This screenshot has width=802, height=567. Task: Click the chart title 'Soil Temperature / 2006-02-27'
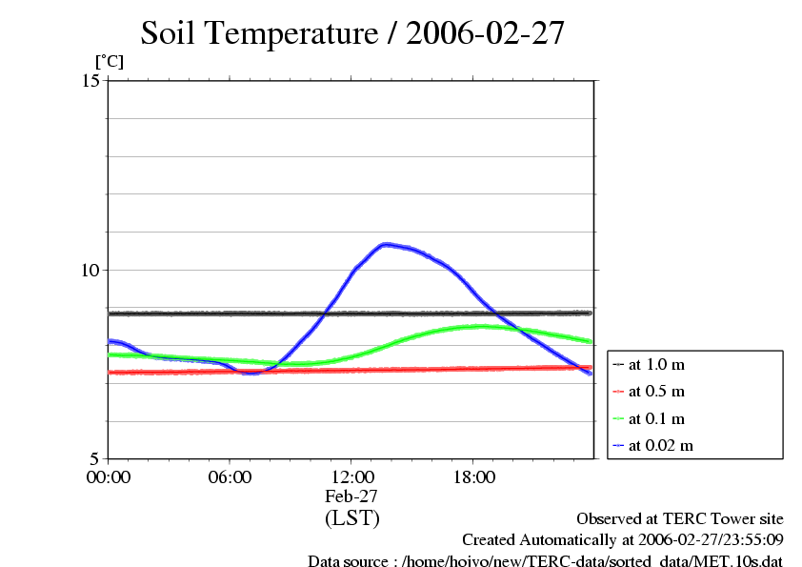coord(352,33)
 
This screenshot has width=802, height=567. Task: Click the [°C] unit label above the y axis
coord(108,62)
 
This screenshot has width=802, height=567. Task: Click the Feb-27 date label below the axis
coord(351,496)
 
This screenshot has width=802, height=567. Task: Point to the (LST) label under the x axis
coord(351,518)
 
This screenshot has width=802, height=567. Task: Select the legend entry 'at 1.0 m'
coord(656,364)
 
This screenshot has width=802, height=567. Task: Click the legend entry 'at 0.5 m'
coord(656,392)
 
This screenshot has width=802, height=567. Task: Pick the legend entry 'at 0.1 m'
coord(656,419)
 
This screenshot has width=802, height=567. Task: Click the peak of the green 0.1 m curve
coord(480,326)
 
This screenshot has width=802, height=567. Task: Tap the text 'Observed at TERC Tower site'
coord(680,519)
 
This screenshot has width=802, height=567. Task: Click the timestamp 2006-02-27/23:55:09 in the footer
coord(704,540)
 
